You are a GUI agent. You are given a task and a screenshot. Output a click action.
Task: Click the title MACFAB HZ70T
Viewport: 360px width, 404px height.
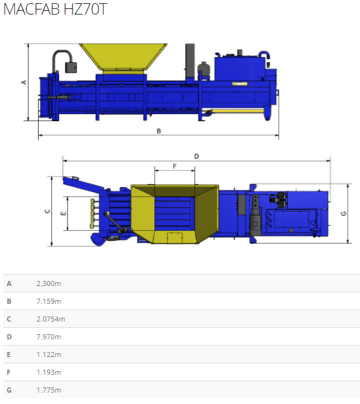55,9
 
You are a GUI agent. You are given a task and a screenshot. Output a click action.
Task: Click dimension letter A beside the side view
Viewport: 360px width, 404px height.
24,82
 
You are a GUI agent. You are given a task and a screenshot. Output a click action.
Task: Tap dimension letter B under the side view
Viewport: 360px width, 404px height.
159,131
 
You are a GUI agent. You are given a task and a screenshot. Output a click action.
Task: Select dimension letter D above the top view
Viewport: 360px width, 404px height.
196,157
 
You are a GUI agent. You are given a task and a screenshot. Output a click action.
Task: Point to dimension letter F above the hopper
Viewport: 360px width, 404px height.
175,166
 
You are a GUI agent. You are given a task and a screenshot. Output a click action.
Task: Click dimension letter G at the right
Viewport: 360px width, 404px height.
343,213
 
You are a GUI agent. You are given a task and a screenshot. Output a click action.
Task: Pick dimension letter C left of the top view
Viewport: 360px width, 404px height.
48,211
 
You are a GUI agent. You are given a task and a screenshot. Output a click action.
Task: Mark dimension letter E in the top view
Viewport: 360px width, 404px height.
63,213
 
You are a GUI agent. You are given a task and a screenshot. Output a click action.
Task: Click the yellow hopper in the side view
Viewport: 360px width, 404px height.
123,59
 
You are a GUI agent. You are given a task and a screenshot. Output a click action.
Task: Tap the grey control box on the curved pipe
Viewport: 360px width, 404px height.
70,67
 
